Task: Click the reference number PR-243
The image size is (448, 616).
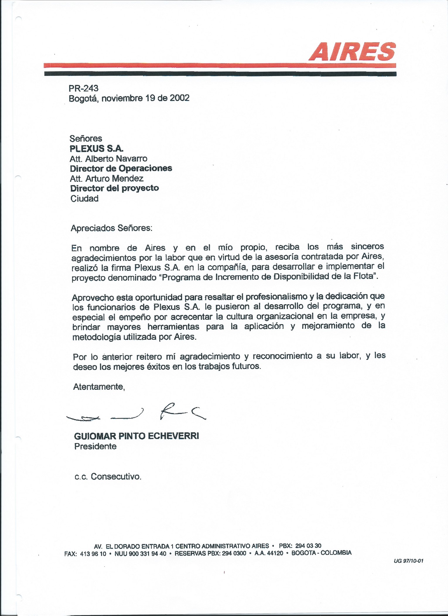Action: pyautogui.click(x=83, y=88)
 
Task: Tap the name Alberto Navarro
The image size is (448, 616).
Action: pyautogui.click(x=116, y=159)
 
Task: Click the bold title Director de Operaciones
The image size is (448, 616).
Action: pyautogui.click(x=121, y=169)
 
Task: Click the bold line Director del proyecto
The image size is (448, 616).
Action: pyautogui.click(x=114, y=188)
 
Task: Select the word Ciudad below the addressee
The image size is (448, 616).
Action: pyautogui.click(x=84, y=199)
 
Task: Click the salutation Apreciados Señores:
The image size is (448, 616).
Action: pyautogui.click(x=112, y=228)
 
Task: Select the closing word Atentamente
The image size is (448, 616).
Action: pyautogui.click(x=99, y=387)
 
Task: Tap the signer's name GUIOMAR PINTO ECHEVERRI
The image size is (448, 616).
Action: pyautogui.click(x=136, y=436)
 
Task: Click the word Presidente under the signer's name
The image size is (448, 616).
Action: pyautogui.click(x=95, y=446)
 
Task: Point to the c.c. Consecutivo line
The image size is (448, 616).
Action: pyautogui.click(x=108, y=477)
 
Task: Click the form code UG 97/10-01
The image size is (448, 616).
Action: pyautogui.click(x=409, y=561)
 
